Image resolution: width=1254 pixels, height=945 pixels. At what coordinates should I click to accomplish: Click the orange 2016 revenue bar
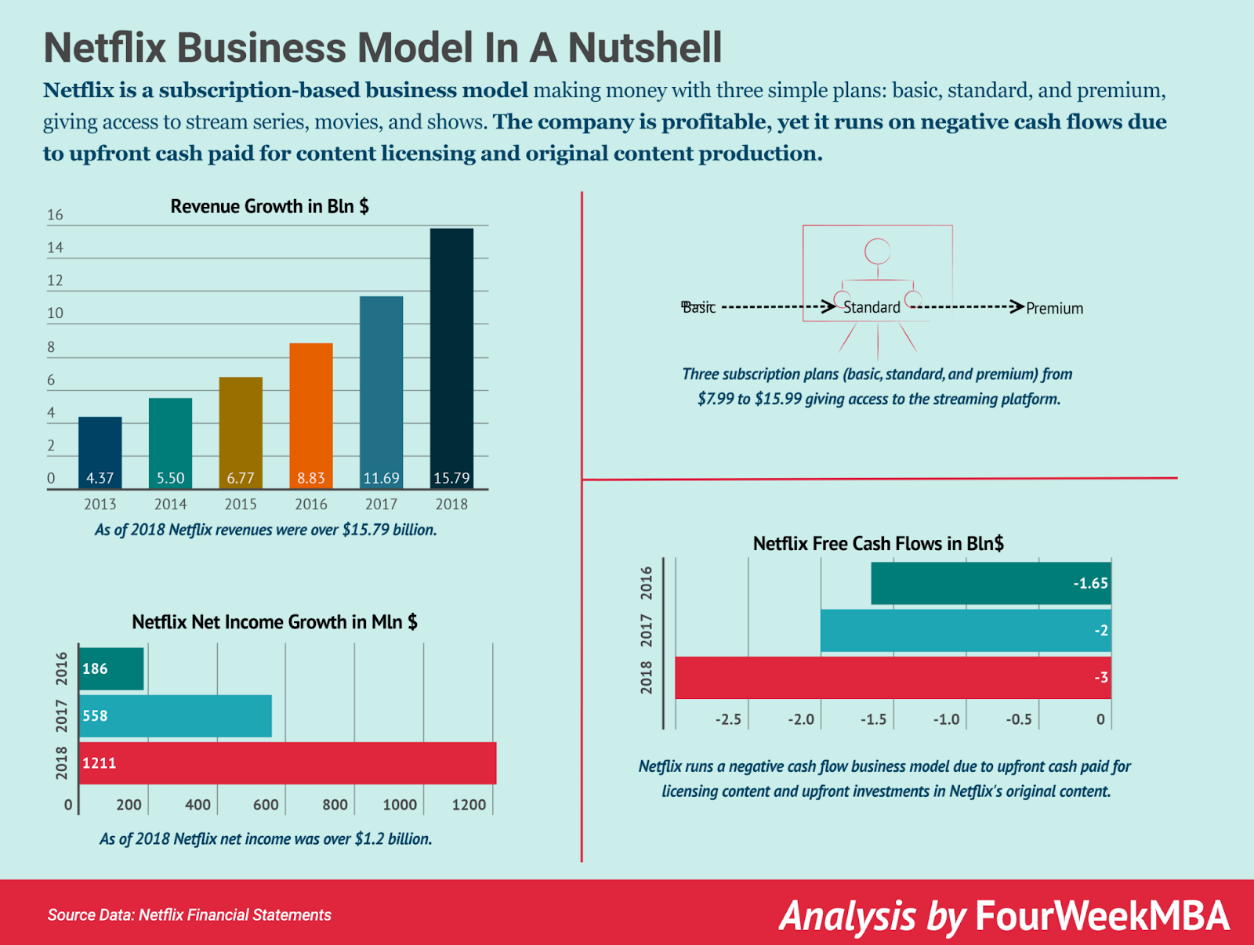coord(311,415)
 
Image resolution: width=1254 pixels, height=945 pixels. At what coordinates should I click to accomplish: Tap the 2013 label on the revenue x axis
coord(100,504)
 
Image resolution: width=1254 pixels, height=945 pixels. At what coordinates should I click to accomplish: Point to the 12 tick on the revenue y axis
coord(55,281)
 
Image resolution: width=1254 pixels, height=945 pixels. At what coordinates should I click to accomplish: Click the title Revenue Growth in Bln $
coord(270,206)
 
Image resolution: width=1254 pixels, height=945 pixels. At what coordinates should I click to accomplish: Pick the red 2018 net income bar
coord(288,762)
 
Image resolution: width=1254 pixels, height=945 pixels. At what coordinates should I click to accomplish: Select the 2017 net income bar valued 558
coord(176,715)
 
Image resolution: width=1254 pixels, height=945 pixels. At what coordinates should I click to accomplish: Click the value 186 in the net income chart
coord(95,668)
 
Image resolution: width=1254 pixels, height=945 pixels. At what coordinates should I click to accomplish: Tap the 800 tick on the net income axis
coord(335,805)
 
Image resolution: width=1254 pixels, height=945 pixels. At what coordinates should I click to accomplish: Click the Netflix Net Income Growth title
coord(274,622)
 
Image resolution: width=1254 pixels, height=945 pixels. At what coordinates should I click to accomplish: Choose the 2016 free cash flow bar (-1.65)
coord(991,583)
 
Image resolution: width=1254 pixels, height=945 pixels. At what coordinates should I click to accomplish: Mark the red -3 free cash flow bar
coord(893,678)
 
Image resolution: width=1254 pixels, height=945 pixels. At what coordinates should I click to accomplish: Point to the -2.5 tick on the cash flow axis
coord(728,719)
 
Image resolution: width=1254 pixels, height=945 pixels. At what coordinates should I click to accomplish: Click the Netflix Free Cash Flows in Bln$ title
coord(878,543)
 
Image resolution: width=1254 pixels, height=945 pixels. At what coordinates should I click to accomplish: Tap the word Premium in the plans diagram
coord(1054,309)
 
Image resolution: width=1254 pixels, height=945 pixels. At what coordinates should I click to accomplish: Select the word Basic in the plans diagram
coord(698,307)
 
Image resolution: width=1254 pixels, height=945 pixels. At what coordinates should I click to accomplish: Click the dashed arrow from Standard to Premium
coord(966,306)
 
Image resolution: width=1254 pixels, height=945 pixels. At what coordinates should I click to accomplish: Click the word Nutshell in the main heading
coord(644,48)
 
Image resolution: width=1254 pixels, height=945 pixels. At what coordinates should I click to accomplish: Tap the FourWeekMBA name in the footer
coord(1102,915)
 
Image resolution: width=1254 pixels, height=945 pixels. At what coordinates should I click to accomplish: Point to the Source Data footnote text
coord(189,914)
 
